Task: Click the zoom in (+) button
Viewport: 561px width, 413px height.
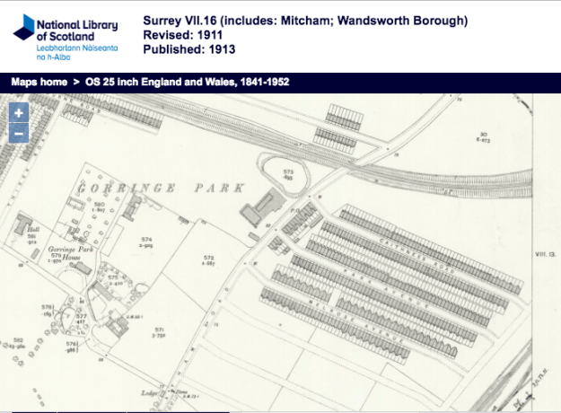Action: pyautogui.click(x=19, y=113)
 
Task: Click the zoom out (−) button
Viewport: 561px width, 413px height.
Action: pyautogui.click(x=19, y=134)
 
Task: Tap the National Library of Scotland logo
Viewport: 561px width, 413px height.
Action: pyautogui.click(x=67, y=36)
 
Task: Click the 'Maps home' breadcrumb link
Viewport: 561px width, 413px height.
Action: pyautogui.click(x=40, y=83)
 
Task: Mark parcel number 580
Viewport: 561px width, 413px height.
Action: pyautogui.click(x=100, y=206)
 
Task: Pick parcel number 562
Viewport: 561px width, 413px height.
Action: pyautogui.click(x=15, y=340)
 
